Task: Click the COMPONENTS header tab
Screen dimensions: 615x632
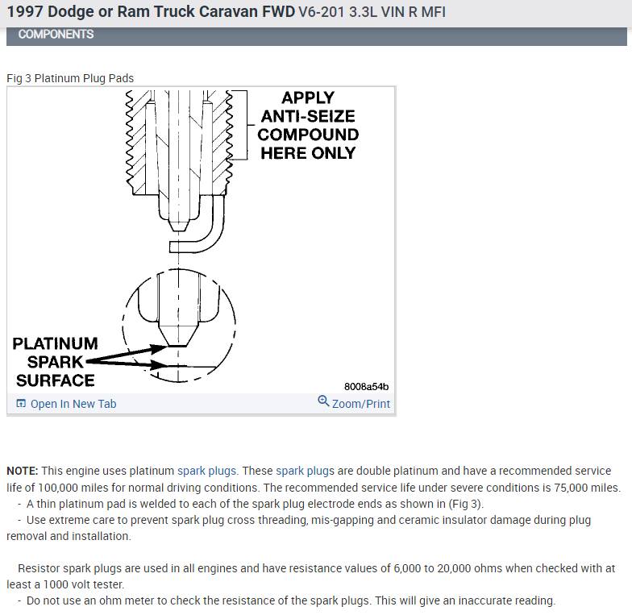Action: pyautogui.click(x=56, y=35)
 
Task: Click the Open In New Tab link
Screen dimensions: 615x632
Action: pyautogui.click(x=73, y=404)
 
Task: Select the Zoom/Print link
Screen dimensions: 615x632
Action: pyautogui.click(x=360, y=404)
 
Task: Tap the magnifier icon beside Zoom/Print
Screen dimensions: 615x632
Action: pyautogui.click(x=323, y=401)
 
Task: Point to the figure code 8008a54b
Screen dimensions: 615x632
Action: pyautogui.click(x=366, y=386)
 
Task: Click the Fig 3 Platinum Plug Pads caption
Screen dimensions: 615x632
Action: pyautogui.click(x=70, y=78)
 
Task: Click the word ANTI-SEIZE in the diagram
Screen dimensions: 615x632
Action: pyautogui.click(x=308, y=117)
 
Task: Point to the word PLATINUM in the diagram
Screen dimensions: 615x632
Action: pyautogui.click(x=55, y=344)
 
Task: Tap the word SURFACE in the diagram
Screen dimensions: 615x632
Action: pyautogui.click(x=55, y=380)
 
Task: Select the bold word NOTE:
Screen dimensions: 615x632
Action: pyautogui.click(x=23, y=471)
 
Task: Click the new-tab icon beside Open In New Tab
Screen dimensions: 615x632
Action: pyautogui.click(x=21, y=404)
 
